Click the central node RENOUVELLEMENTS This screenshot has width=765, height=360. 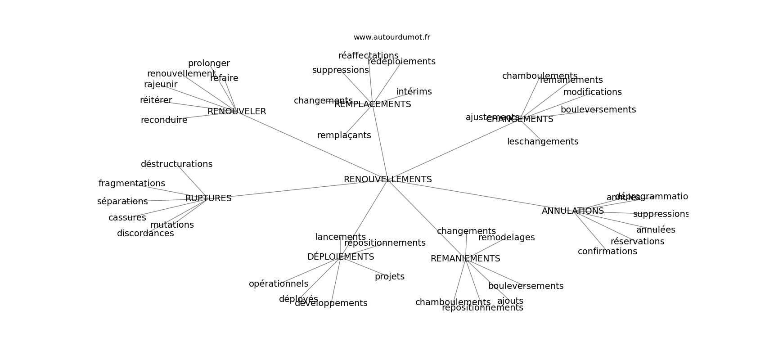(387, 180)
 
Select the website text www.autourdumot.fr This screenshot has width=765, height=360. (391, 37)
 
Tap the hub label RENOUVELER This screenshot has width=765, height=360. (237, 112)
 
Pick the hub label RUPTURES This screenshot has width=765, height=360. (208, 198)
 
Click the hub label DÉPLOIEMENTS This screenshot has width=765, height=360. (341, 257)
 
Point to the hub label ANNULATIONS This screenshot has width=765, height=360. (572, 211)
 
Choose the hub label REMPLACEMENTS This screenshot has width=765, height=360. (373, 104)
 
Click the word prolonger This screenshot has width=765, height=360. (209, 63)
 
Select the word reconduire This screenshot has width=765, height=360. (164, 120)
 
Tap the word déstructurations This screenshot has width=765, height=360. (176, 164)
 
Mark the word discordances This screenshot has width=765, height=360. (145, 234)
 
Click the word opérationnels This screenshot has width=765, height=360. (279, 284)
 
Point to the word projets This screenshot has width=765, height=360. (390, 277)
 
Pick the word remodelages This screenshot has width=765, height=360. (506, 238)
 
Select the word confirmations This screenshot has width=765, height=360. (607, 252)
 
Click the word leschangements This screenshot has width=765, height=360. (543, 142)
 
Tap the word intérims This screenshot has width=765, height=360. (414, 92)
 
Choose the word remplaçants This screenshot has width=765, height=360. (344, 135)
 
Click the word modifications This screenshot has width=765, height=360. (592, 92)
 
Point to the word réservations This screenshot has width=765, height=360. (637, 242)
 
